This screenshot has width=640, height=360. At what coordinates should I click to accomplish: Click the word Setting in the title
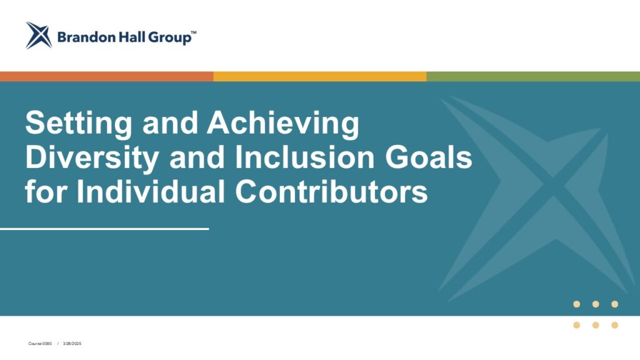coord(79,124)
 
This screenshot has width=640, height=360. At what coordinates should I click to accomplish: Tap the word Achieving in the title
coord(283,124)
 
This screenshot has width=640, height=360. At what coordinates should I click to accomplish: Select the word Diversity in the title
coord(92,158)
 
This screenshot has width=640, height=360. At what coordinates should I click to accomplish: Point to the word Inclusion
coord(304,157)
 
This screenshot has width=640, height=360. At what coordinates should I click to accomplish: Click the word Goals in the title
coord(429,157)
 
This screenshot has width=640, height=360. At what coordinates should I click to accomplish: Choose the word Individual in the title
coord(151,192)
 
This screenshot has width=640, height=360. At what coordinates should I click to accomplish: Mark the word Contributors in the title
coord(331,192)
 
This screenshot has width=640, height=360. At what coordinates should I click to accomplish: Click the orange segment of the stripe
coord(106,76)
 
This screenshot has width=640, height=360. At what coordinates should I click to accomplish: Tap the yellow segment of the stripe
coord(320,76)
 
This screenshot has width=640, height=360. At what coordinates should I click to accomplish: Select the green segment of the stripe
coord(534,76)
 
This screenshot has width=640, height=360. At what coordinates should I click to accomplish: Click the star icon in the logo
coord(39,36)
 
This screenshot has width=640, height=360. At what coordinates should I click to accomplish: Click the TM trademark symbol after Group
coord(194,32)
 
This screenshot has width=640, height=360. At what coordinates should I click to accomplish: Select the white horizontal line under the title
coord(104,229)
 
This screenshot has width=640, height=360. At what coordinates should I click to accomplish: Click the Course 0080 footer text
coord(40,344)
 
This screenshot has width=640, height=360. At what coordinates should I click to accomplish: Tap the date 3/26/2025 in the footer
coord(72,344)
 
